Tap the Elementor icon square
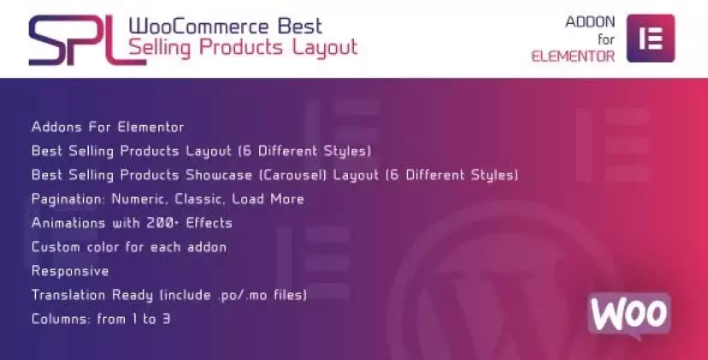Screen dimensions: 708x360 pyautogui.click(x=651, y=38)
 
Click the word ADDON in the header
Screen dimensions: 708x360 pyautogui.click(x=590, y=21)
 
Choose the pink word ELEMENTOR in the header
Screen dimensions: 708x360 pyautogui.click(x=573, y=56)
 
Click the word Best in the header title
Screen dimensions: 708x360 pyautogui.click(x=300, y=27)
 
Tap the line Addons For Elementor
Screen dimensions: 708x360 pyautogui.click(x=108, y=127)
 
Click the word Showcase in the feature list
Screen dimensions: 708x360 pyautogui.click(x=219, y=174)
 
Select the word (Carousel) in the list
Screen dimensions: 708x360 pyautogui.click(x=292, y=174)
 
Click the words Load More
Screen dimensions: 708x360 pyautogui.click(x=268, y=198)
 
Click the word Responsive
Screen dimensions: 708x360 pyautogui.click(x=70, y=271)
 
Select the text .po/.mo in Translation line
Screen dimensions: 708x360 pyautogui.click(x=243, y=295)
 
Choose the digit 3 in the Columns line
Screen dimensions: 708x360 pyautogui.click(x=166, y=319)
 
